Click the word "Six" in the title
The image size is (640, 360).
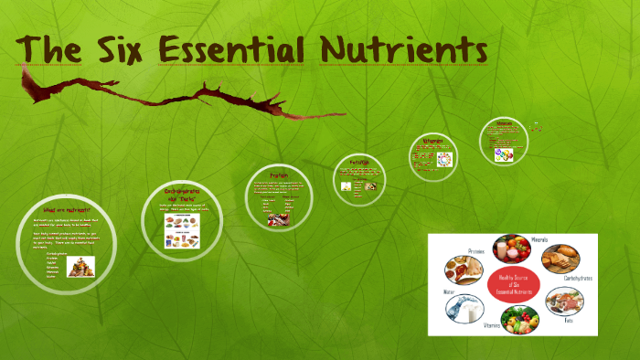tap(128, 47)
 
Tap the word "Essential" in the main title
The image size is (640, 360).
tap(251, 47)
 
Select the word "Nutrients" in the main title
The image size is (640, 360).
tap(413, 47)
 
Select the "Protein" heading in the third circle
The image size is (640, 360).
tap(280, 175)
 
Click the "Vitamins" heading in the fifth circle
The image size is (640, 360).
tap(432, 142)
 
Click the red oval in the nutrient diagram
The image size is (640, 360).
tap(512, 285)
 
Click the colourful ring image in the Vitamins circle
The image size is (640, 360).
tap(444, 157)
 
